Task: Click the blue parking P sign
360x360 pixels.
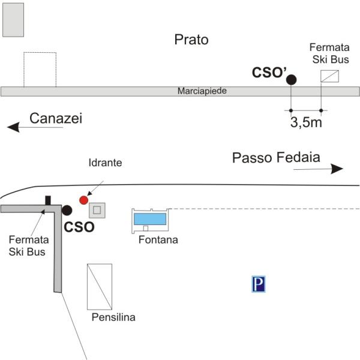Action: pyautogui.click(x=259, y=284)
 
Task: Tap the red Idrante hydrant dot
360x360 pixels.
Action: pyautogui.click(x=83, y=199)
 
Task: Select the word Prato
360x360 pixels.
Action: pyautogui.click(x=191, y=40)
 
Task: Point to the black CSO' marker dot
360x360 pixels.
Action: pyautogui.click(x=291, y=79)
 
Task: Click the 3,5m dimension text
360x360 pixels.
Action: pyautogui.click(x=306, y=124)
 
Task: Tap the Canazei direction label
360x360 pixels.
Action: pyautogui.click(x=56, y=119)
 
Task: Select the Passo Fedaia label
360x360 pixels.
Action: pyautogui.click(x=276, y=158)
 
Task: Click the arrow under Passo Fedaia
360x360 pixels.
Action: pyautogui.click(x=318, y=170)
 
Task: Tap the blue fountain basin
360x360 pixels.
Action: pyautogui.click(x=149, y=218)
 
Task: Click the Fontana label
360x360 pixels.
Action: pyautogui.click(x=158, y=241)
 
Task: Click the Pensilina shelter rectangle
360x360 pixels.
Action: pyautogui.click(x=100, y=287)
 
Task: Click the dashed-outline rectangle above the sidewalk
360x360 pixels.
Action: pyautogui.click(x=40, y=69)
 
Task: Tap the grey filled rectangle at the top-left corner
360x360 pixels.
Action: pyautogui.click(x=13, y=20)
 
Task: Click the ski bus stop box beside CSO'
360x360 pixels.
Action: pyautogui.click(x=329, y=76)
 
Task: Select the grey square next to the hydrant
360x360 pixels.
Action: pyautogui.click(x=97, y=211)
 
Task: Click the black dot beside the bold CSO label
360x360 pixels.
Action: pyautogui.click(x=67, y=210)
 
